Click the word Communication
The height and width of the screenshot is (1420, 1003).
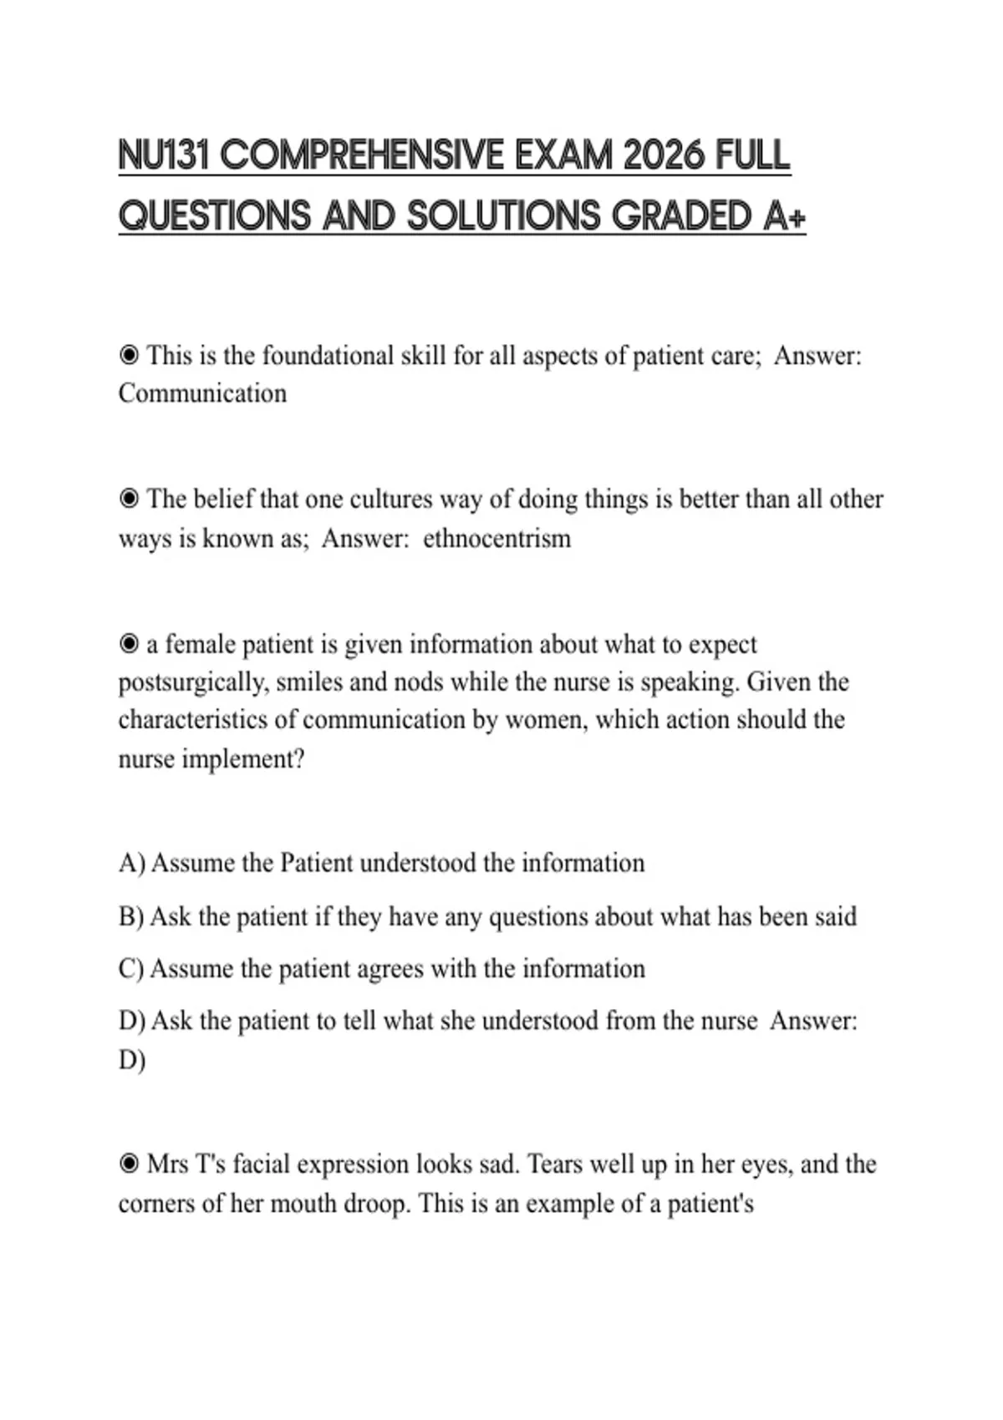tap(202, 393)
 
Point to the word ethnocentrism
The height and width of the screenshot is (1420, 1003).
tap(496, 539)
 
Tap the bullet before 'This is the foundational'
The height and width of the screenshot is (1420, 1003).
tap(129, 356)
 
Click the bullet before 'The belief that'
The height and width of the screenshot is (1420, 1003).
tap(129, 500)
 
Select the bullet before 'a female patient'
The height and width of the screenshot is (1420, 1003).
tap(129, 645)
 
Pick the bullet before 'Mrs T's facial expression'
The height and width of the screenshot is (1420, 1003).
tap(129, 1164)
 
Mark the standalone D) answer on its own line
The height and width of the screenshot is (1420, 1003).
tap(132, 1060)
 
